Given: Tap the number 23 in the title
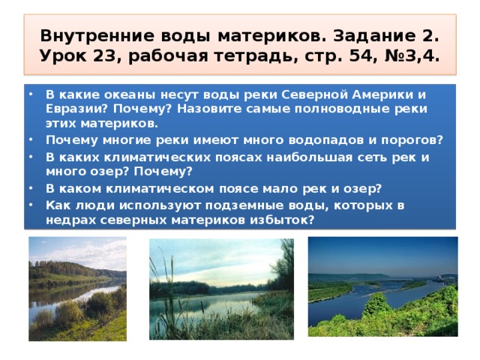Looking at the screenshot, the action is click(103, 56).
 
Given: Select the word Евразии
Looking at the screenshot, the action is click(76, 109).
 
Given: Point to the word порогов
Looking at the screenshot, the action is click(412, 141).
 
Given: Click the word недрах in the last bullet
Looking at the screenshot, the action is click(70, 220).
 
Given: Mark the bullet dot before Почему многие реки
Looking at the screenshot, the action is click(31, 139).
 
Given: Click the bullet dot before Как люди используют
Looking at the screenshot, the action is click(31, 205).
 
